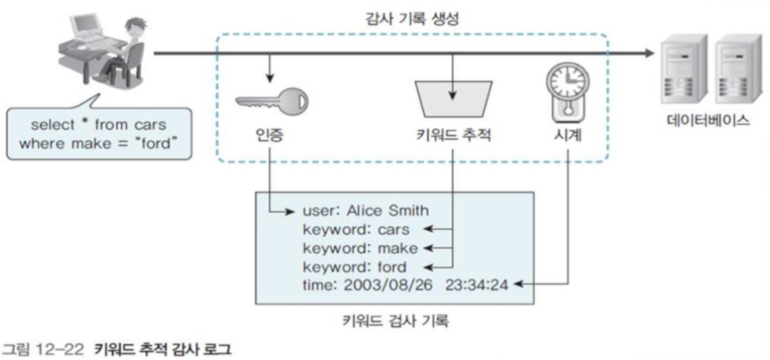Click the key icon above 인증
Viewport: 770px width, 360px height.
tap(272, 102)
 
